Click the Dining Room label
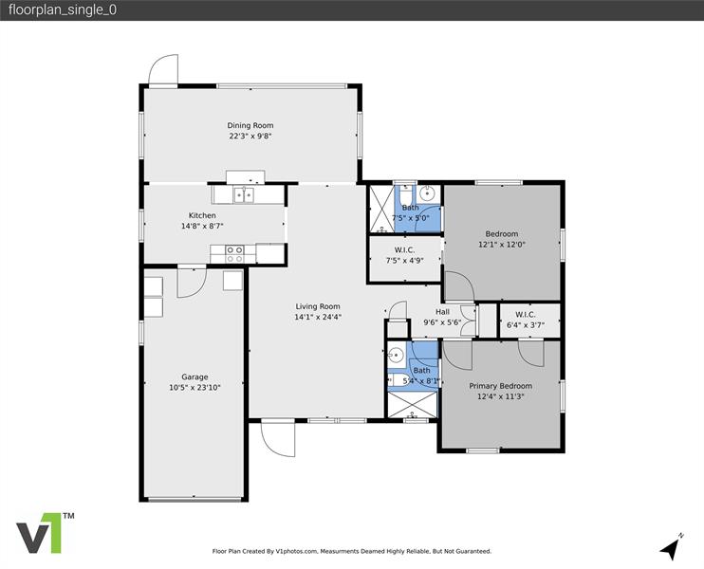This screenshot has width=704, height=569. [250, 125]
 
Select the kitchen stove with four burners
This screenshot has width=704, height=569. [234, 254]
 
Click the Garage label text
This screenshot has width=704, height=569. [195, 376]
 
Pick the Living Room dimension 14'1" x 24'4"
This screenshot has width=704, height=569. [318, 317]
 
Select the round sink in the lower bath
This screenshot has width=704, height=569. [395, 358]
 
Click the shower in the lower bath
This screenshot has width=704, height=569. [412, 404]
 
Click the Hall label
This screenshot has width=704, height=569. [442, 312]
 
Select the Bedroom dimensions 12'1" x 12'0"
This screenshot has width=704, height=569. [502, 245]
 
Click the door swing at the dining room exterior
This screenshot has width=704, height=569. [163, 70]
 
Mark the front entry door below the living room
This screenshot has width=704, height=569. [278, 437]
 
